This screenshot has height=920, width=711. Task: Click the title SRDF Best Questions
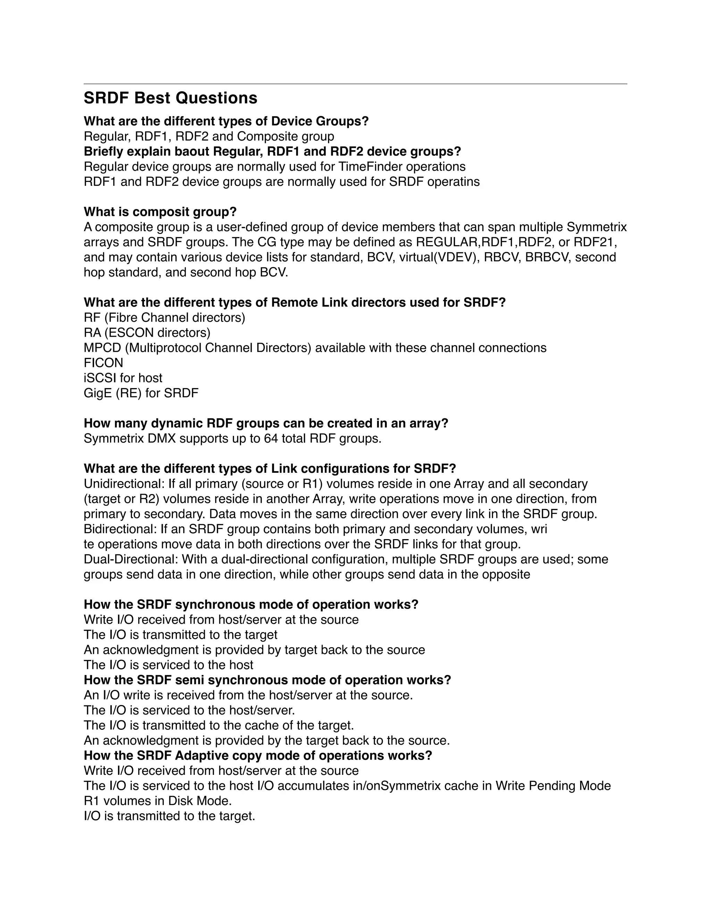coord(170,98)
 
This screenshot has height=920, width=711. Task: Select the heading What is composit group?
coord(160,211)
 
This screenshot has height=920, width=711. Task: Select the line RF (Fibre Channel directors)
coord(164,318)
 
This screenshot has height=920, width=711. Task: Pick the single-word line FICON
coord(103,363)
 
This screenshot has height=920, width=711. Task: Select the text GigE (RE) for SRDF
coord(141,393)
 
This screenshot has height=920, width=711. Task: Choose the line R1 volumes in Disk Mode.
coord(158,801)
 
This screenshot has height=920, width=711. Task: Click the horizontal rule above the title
coord(355,84)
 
